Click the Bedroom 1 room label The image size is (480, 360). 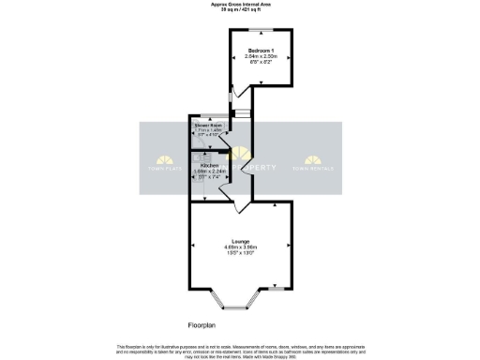click(259, 49)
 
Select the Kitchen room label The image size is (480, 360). click(208, 165)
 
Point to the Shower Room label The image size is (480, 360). click(207, 125)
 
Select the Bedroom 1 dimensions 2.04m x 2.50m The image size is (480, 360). click(259, 56)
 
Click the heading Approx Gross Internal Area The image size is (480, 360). click(239, 4)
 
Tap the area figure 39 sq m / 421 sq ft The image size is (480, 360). click(239, 9)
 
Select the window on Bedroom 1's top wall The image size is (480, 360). click(259, 31)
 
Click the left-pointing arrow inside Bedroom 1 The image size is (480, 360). click(233, 59)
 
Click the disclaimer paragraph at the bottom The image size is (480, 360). click(239, 349)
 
